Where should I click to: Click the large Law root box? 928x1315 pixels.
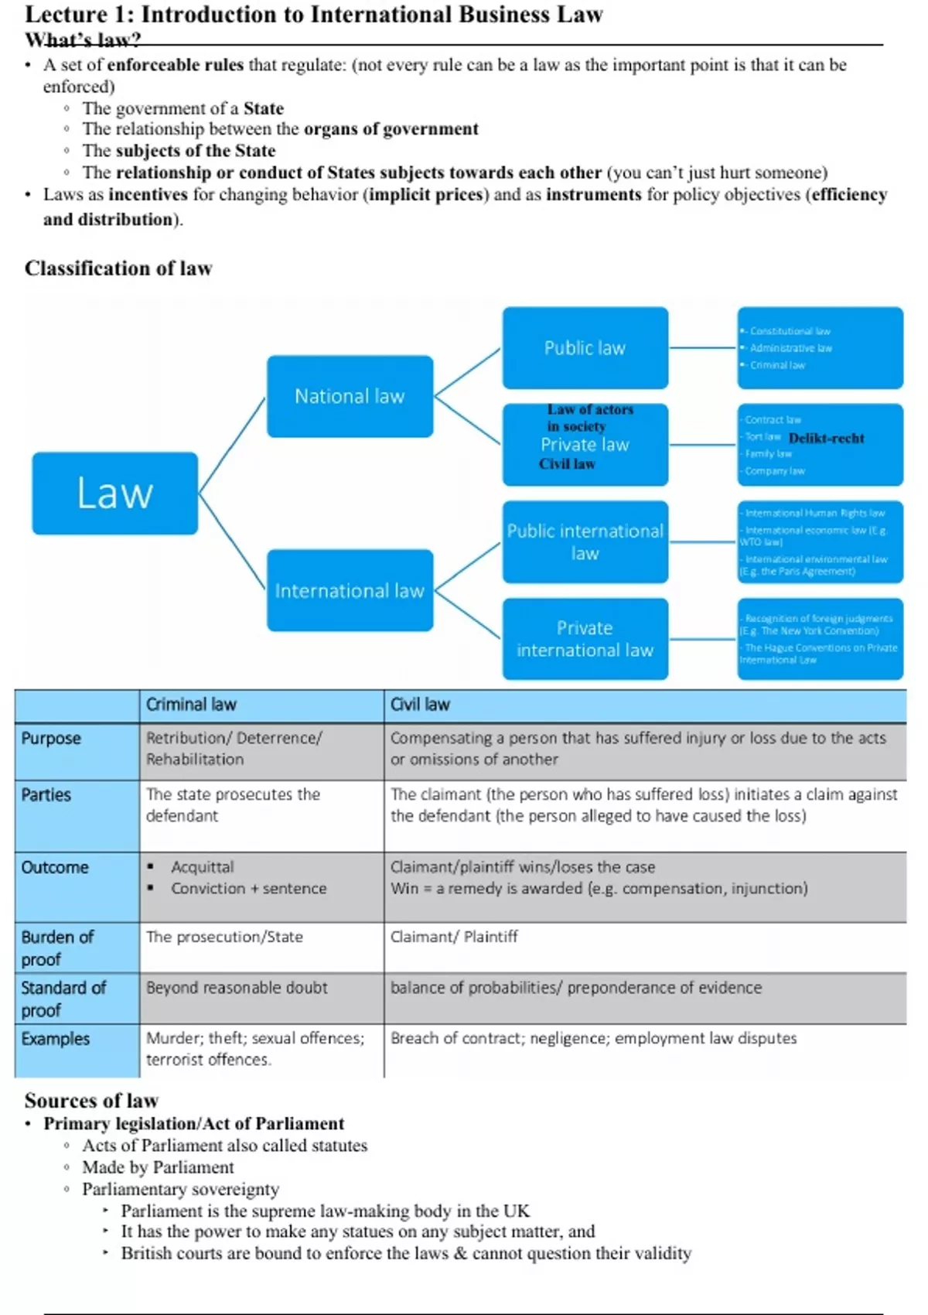114,493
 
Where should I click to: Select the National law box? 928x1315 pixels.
350,396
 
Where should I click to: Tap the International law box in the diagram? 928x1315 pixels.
350,590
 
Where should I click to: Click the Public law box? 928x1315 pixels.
585,348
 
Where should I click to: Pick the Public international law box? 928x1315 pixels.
585,541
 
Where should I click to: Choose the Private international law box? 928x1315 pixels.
585,639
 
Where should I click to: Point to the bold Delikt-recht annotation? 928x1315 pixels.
826,438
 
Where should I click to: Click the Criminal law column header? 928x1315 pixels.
191,705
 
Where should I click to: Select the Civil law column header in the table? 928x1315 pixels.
420,705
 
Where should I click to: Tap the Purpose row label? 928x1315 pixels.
51,738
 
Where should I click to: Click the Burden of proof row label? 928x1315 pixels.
57,948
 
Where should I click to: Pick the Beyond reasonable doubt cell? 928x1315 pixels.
237,988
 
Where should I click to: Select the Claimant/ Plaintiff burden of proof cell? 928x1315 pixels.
454,937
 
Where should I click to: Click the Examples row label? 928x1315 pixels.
56,1039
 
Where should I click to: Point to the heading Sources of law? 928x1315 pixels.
91,1100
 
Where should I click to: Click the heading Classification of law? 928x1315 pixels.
118,268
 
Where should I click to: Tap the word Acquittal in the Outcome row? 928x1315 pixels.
203,867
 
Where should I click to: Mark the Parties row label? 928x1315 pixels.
46,795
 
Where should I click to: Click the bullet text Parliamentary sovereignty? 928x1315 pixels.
181,1189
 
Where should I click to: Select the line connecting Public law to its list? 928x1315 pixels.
702,348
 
